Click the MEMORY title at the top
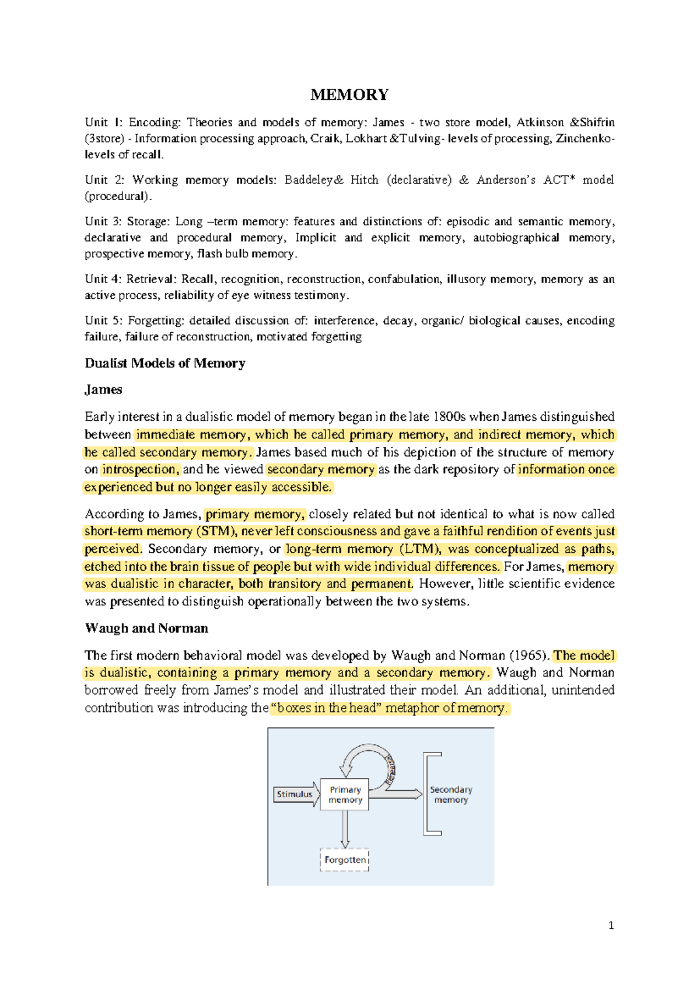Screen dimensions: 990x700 (349, 95)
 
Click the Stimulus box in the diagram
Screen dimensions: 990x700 (295, 794)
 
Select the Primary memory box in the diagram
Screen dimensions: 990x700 (345, 794)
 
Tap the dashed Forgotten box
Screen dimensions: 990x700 (345, 860)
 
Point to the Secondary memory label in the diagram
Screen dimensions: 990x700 (451, 794)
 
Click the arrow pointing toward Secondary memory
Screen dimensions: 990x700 (402, 794)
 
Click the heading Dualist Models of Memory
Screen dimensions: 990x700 (165, 363)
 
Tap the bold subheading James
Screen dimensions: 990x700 (103, 389)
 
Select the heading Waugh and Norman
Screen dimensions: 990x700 (146, 628)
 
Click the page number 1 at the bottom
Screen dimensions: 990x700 (611, 925)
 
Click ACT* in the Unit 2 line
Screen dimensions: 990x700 (559, 180)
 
